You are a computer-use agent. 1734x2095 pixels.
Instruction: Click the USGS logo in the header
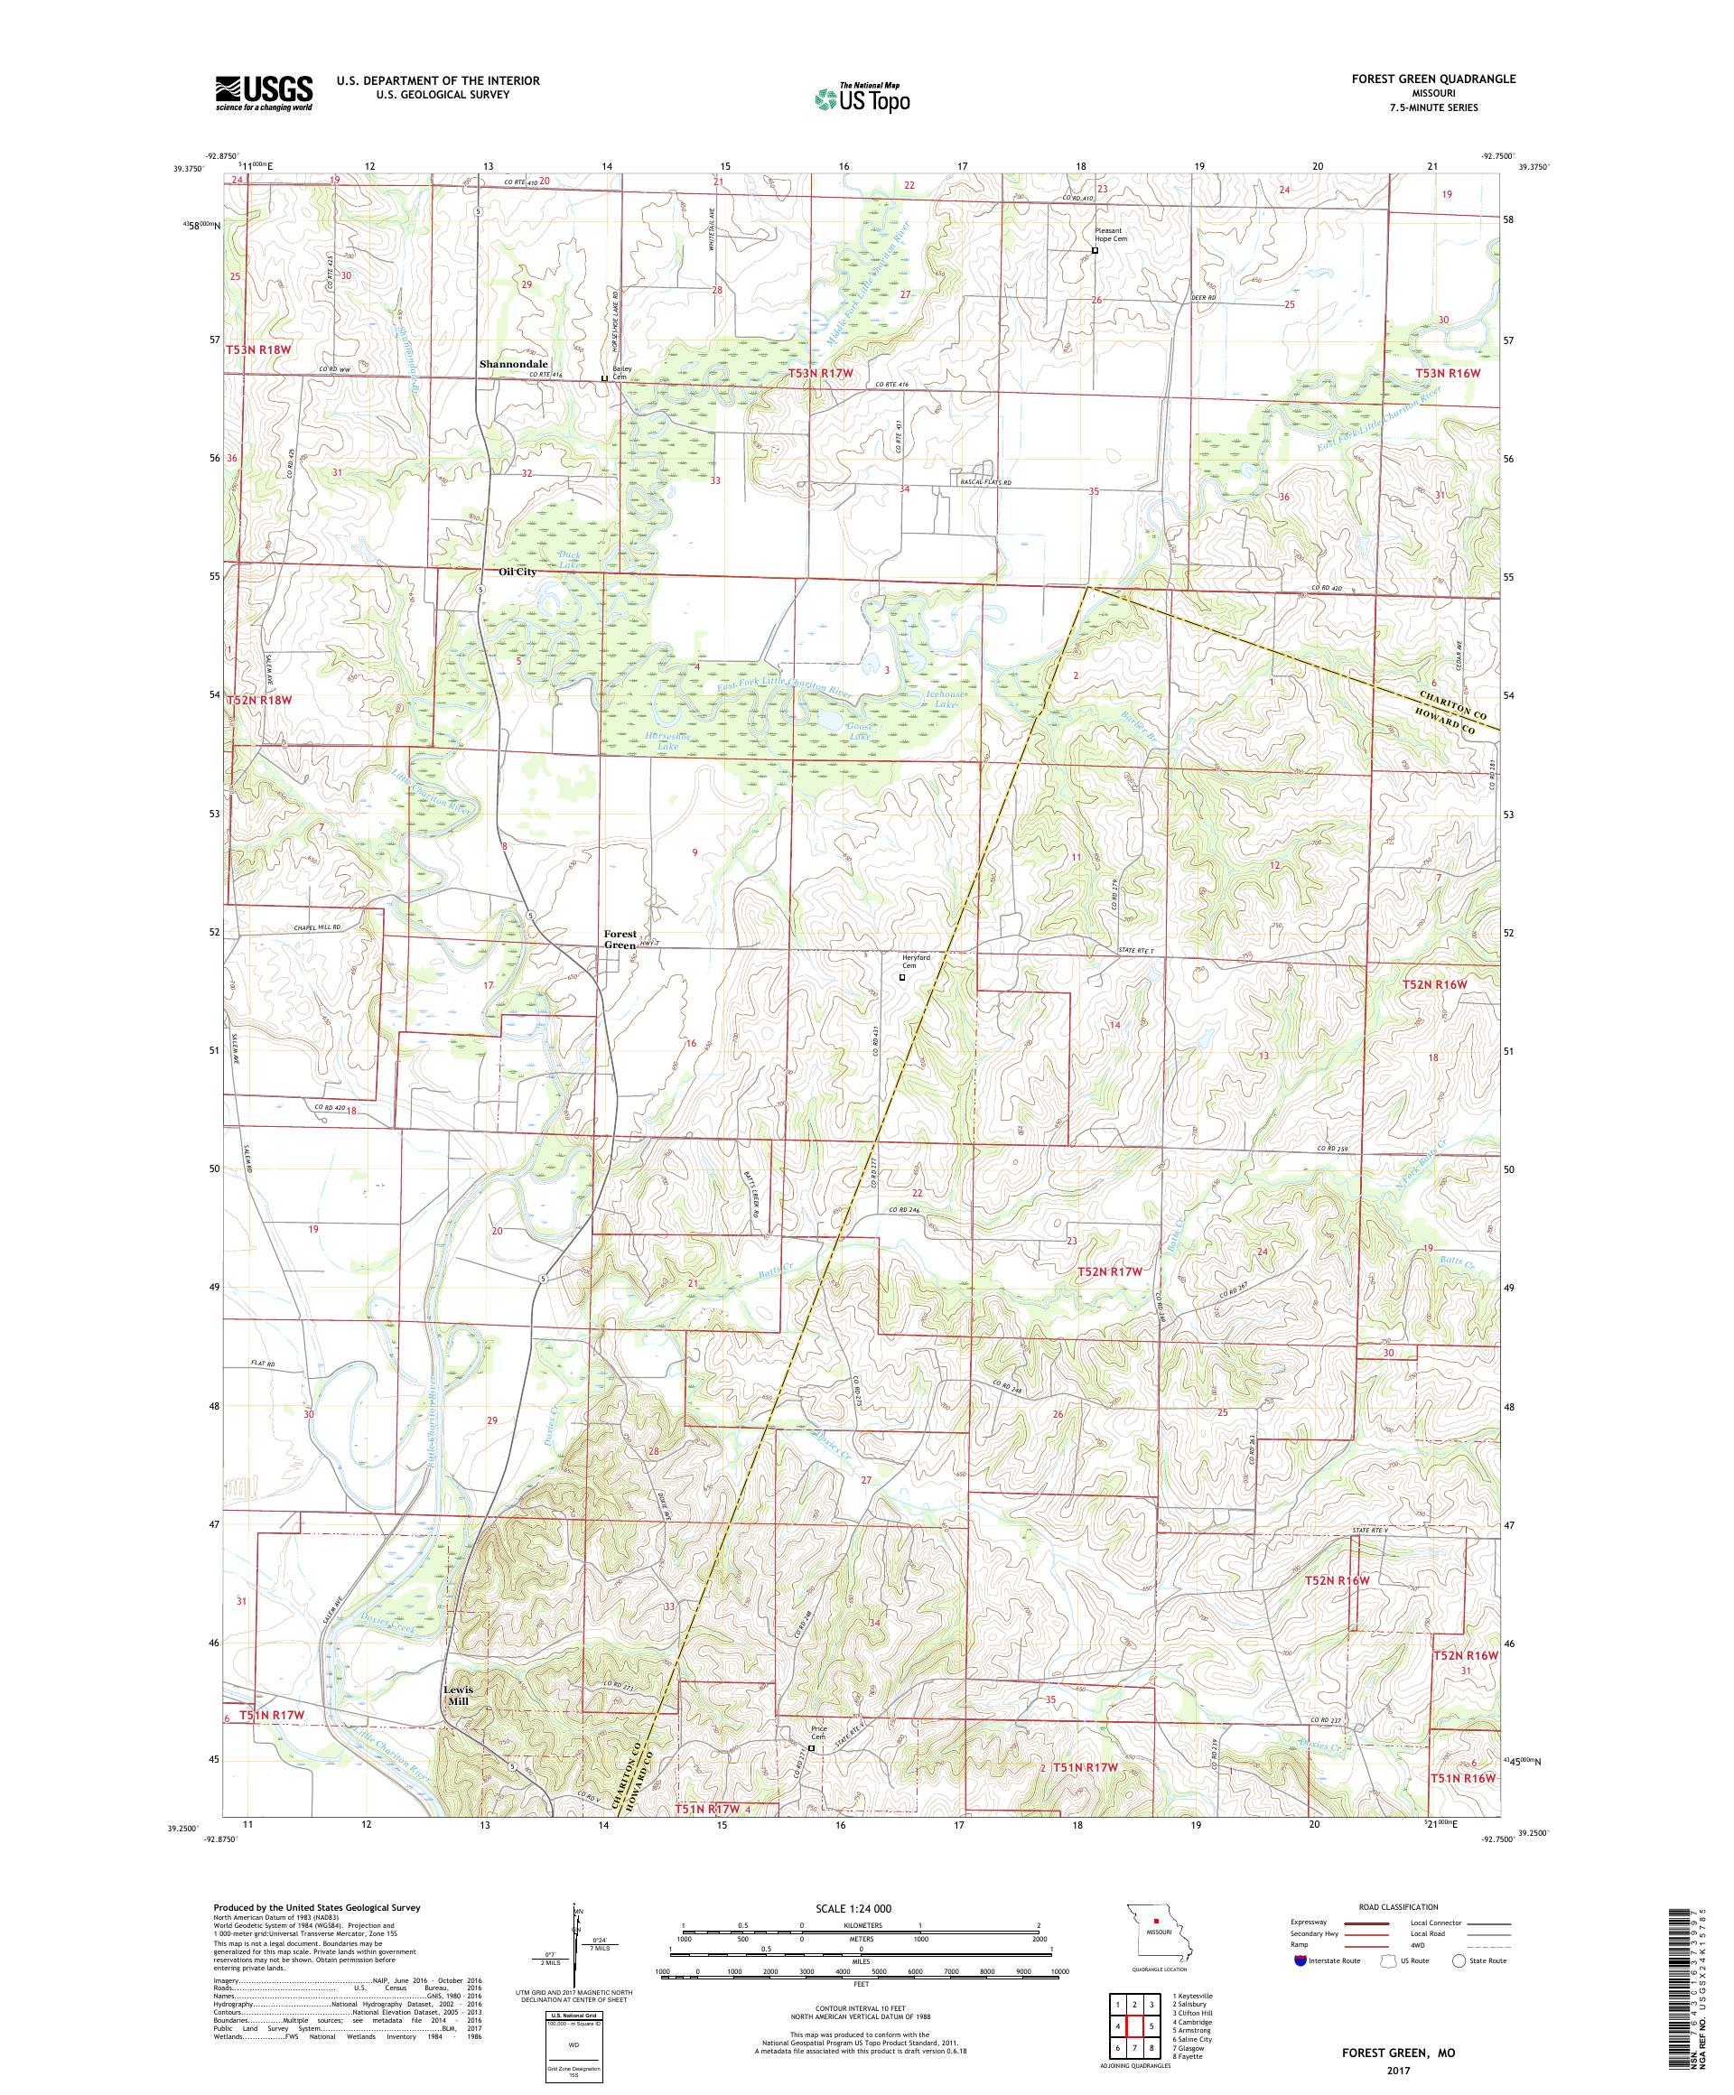264,94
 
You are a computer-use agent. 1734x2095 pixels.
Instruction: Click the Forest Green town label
620,940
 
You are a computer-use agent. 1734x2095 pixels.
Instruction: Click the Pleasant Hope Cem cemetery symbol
1095,251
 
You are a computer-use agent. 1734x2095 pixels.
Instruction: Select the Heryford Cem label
916,961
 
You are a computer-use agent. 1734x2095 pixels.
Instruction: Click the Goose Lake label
859,731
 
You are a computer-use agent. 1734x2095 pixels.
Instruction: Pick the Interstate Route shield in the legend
1298,1960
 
